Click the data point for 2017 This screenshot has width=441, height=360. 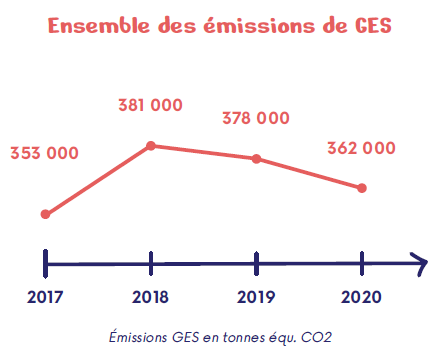tap(45, 214)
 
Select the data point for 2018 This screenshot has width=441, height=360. tap(151, 145)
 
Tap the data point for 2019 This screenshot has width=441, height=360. tap(257, 159)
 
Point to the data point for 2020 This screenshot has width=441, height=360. tap(362, 188)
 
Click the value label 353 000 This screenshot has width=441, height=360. tap(45, 153)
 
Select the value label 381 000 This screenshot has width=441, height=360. tap(151, 104)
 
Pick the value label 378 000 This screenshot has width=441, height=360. tap(256, 118)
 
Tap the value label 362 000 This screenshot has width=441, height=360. tap(361, 148)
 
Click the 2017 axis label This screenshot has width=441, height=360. tap(45, 297)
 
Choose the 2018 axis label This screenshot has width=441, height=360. tap(151, 297)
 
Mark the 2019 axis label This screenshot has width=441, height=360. tap(257, 297)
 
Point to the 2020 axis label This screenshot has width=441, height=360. tap(362, 297)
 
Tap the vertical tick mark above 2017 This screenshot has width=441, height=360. tap(45, 263)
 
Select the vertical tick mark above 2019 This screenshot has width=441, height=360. tap(257, 263)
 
